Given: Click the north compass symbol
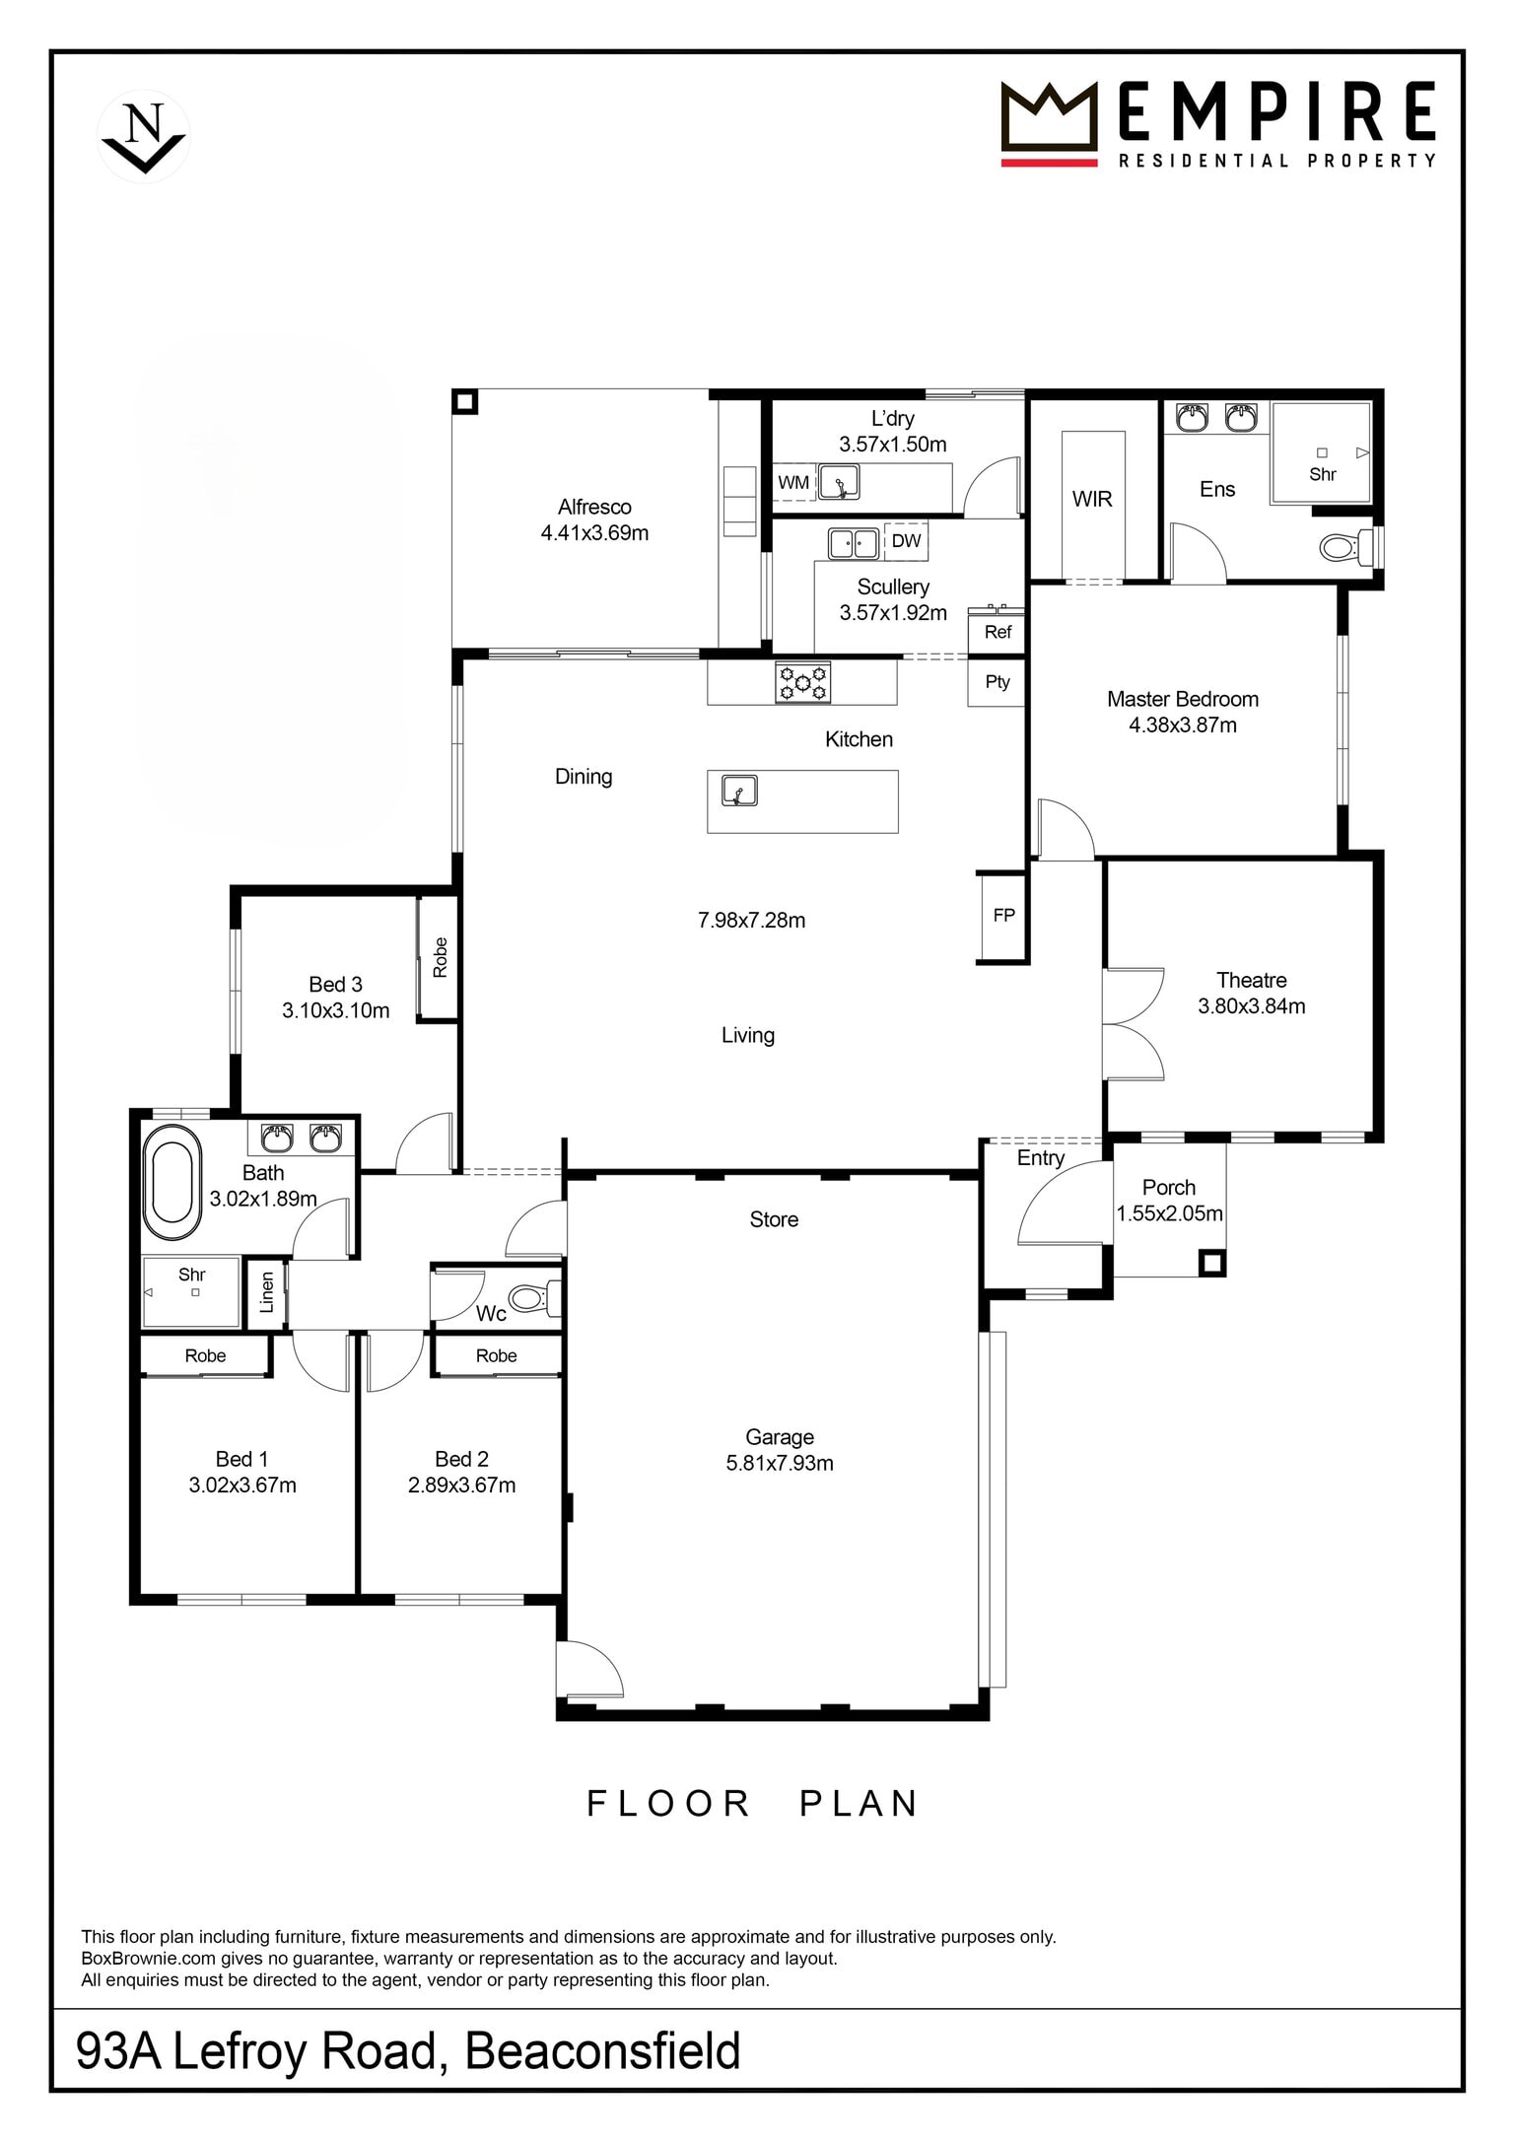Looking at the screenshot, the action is coord(144,136).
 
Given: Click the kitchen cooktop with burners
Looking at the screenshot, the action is coord(803,682).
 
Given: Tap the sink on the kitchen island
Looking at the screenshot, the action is coord(738,791).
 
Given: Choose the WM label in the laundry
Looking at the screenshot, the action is coord(793,483).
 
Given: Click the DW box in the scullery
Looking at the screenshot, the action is coord(906,540).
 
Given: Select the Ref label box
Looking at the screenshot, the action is coord(998,632).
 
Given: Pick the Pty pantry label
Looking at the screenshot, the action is coord(998,681).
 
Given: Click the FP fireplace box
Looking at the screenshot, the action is coord(1003,916).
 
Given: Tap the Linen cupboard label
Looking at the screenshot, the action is coord(266,1292).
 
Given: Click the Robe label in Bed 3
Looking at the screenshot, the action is coord(440,957).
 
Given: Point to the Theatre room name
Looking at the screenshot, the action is coord(1251,980).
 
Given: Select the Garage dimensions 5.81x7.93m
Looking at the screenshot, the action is coord(780,1463).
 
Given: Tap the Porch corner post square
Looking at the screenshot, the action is coord(1211,1263).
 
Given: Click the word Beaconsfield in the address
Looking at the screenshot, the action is coord(602,2051).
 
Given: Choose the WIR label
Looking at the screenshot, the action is coord(1092,499).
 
